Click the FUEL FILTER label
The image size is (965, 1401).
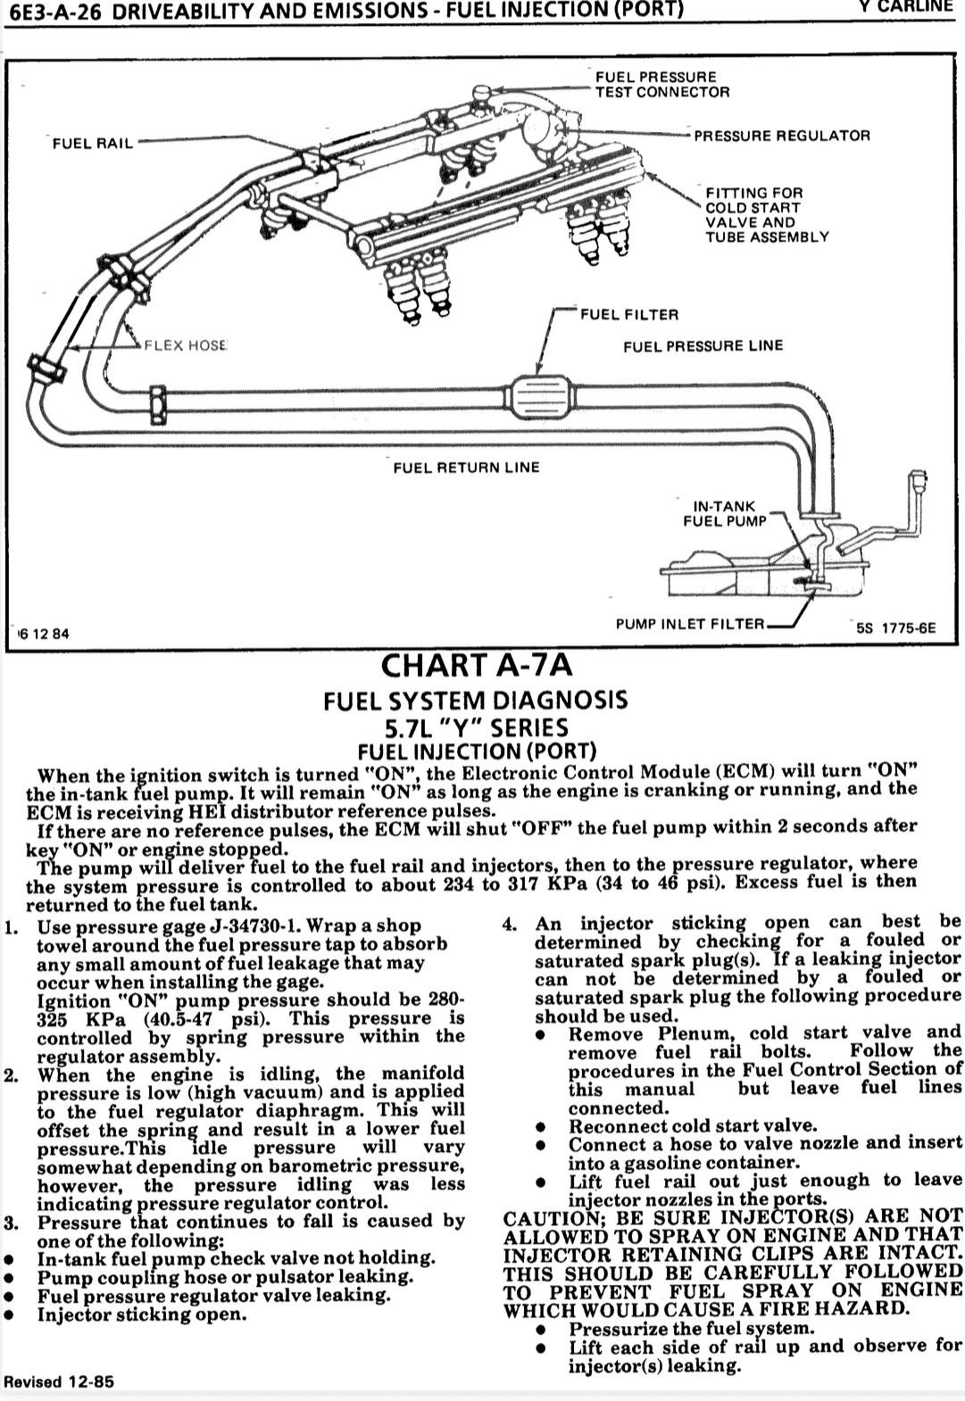pyautogui.click(x=629, y=315)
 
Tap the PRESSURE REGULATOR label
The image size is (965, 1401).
pyautogui.click(x=782, y=136)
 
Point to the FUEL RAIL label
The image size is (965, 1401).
pyautogui.click(x=93, y=144)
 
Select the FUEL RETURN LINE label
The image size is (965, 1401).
pyautogui.click(x=466, y=468)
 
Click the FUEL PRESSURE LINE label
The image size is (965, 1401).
pyautogui.click(x=703, y=346)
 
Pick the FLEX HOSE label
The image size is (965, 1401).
pyautogui.click(x=186, y=345)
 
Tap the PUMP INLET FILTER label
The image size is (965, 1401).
pyautogui.click(x=690, y=624)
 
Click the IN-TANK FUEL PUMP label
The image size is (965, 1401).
pyautogui.click(x=724, y=513)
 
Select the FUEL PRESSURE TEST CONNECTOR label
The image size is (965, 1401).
pyautogui.click(x=662, y=85)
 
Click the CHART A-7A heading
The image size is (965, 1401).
pyautogui.click(x=477, y=666)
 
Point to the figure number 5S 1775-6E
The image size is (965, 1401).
pyautogui.click(x=895, y=628)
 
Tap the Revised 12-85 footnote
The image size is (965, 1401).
pyautogui.click(x=59, y=1381)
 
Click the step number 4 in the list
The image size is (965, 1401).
pyautogui.click(x=509, y=924)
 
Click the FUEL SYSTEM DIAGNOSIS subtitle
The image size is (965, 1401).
pyautogui.click(x=476, y=700)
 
